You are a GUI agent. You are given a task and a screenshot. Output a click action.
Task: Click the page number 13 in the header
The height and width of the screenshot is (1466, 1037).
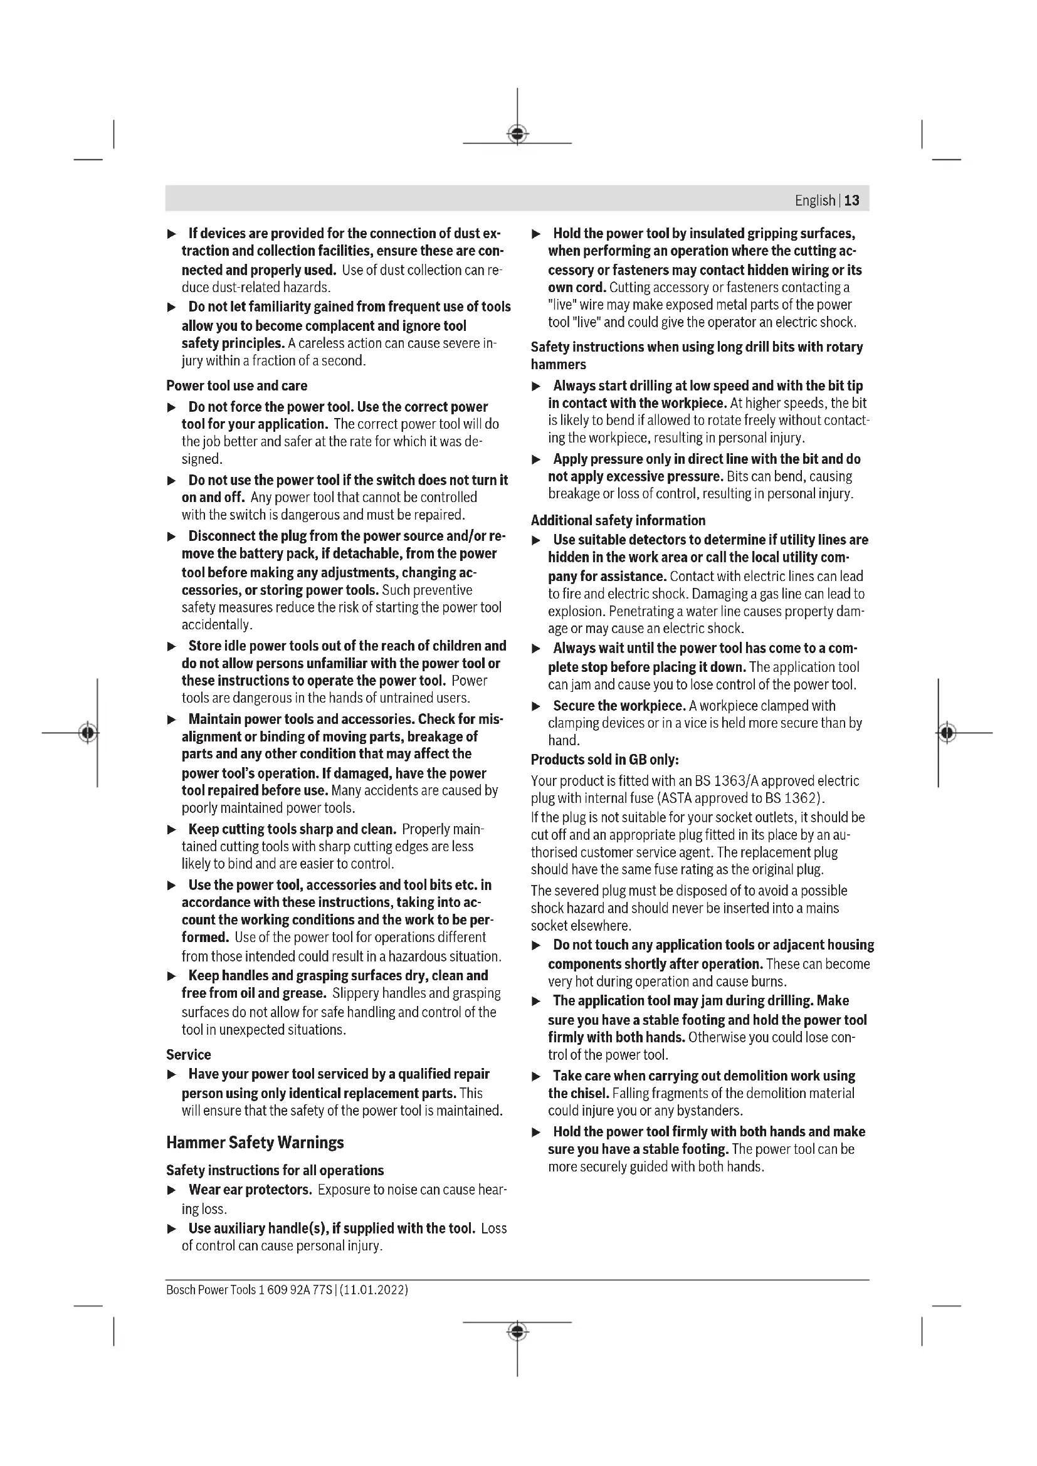tap(851, 201)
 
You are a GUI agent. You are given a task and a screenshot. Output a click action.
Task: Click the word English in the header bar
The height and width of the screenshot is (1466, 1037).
tap(815, 201)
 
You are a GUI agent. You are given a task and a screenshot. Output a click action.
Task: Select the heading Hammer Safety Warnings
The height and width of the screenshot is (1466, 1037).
tap(255, 1143)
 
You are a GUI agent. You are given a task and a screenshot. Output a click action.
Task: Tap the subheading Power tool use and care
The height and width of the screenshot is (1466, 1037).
tap(236, 385)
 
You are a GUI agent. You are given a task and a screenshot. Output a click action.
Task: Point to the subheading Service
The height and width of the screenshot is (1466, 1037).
tap(188, 1054)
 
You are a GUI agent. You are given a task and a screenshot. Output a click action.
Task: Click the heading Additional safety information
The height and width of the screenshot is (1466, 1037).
tap(618, 520)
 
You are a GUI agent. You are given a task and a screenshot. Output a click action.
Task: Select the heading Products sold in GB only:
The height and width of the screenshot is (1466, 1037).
tap(604, 760)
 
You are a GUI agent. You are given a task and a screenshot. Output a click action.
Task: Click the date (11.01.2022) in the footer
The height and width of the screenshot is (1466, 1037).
tap(374, 1290)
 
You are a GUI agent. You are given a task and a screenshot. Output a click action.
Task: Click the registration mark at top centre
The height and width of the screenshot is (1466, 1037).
tap(517, 134)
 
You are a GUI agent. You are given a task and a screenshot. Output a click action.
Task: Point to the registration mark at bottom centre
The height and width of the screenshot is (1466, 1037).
tap(517, 1332)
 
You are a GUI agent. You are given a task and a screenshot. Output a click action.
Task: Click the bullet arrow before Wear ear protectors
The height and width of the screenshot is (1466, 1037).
tap(171, 1190)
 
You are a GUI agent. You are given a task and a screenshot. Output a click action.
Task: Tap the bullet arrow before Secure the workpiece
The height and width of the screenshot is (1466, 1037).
tap(537, 706)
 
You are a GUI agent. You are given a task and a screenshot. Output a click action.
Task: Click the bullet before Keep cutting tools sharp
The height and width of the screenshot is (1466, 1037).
tap(171, 829)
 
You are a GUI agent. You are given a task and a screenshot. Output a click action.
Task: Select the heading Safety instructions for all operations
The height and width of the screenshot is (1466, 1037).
tap(275, 1170)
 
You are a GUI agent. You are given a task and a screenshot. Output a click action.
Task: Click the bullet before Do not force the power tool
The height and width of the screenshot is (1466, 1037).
tap(171, 407)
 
